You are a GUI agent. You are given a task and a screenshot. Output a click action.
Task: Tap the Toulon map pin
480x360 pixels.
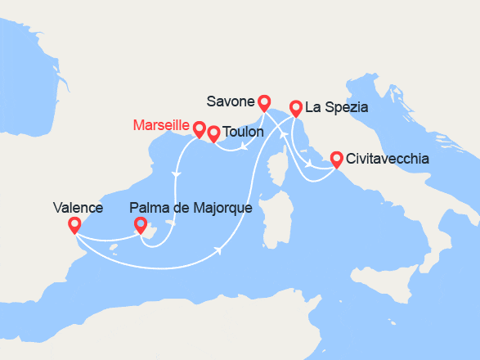pyautogui.click(x=213, y=133)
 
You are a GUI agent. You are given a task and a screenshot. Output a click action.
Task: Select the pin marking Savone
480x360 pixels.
pyautogui.click(x=263, y=102)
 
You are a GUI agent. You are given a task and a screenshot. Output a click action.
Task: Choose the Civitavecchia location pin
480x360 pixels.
pyautogui.click(x=336, y=158)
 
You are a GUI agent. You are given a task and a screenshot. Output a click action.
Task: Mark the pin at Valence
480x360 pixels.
pyautogui.click(x=74, y=224)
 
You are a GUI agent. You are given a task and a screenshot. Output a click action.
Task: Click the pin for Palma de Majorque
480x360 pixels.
pyautogui.click(x=140, y=224)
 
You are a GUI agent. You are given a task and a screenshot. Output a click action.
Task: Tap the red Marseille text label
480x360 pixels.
pyautogui.click(x=160, y=126)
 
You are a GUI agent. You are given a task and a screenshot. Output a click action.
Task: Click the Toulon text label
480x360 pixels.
pyautogui.click(x=243, y=131)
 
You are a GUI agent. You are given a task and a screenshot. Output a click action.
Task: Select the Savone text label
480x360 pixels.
pyautogui.click(x=230, y=101)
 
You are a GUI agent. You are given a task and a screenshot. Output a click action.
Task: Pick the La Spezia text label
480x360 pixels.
pyautogui.click(x=336, y=107)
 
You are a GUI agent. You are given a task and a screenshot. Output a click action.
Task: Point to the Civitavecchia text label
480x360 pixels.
pyautogui.click(x=387, y=159)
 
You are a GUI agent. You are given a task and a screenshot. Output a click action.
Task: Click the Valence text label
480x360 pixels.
pyautogui.click(x=77, y=208)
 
